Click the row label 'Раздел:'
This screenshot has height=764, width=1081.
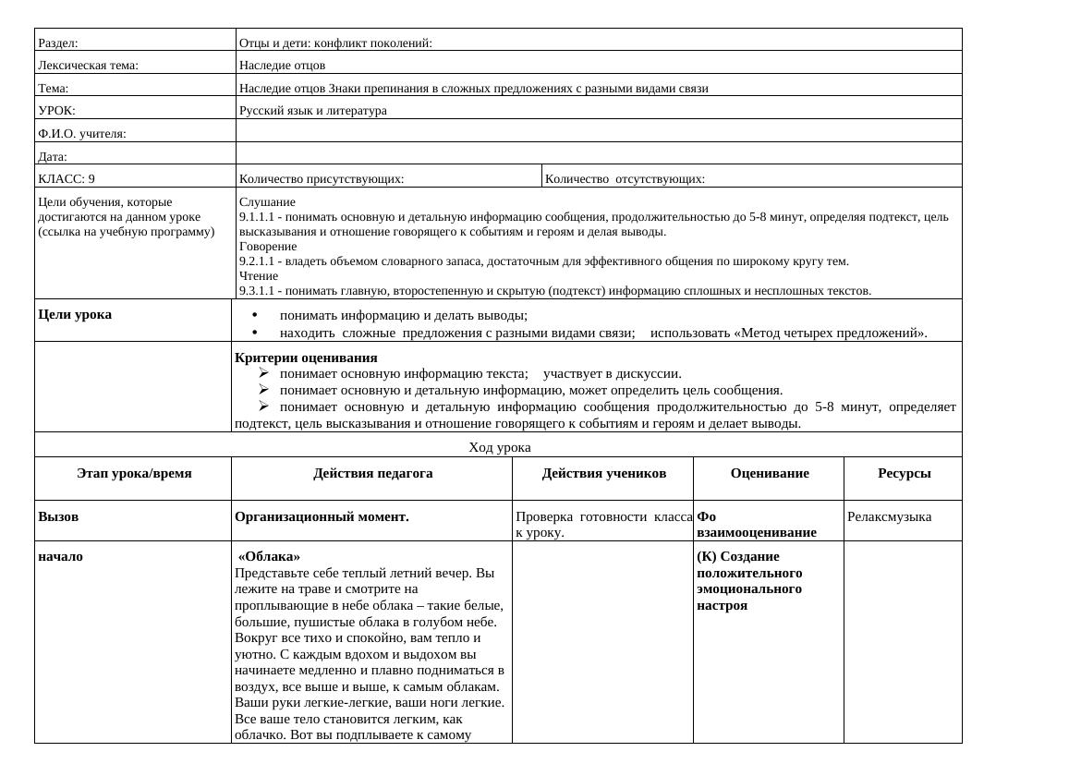click(58, 42)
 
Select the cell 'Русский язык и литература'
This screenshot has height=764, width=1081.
click(312, 111)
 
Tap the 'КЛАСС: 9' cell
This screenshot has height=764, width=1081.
click(67, 179)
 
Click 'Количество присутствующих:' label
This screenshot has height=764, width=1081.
click(322, 179)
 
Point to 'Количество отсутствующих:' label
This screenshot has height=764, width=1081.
click(625, 179)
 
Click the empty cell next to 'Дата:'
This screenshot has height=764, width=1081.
click(599, 155)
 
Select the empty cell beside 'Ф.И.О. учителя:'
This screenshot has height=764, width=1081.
click(599, 132)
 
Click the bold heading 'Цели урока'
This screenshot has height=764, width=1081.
click(75, 314)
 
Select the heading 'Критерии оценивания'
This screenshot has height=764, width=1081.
click(306, 358)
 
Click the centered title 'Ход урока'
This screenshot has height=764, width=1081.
click(499, 447)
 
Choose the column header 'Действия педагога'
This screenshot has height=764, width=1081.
click(372, 473)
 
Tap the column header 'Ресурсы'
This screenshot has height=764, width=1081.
click(904, 473)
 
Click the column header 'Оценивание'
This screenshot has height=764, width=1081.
click(769, 473)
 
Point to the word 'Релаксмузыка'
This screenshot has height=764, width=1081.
click(889, 516)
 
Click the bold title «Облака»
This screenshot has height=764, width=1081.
click(269, 556)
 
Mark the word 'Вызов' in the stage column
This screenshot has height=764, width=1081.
click(58, 516)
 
